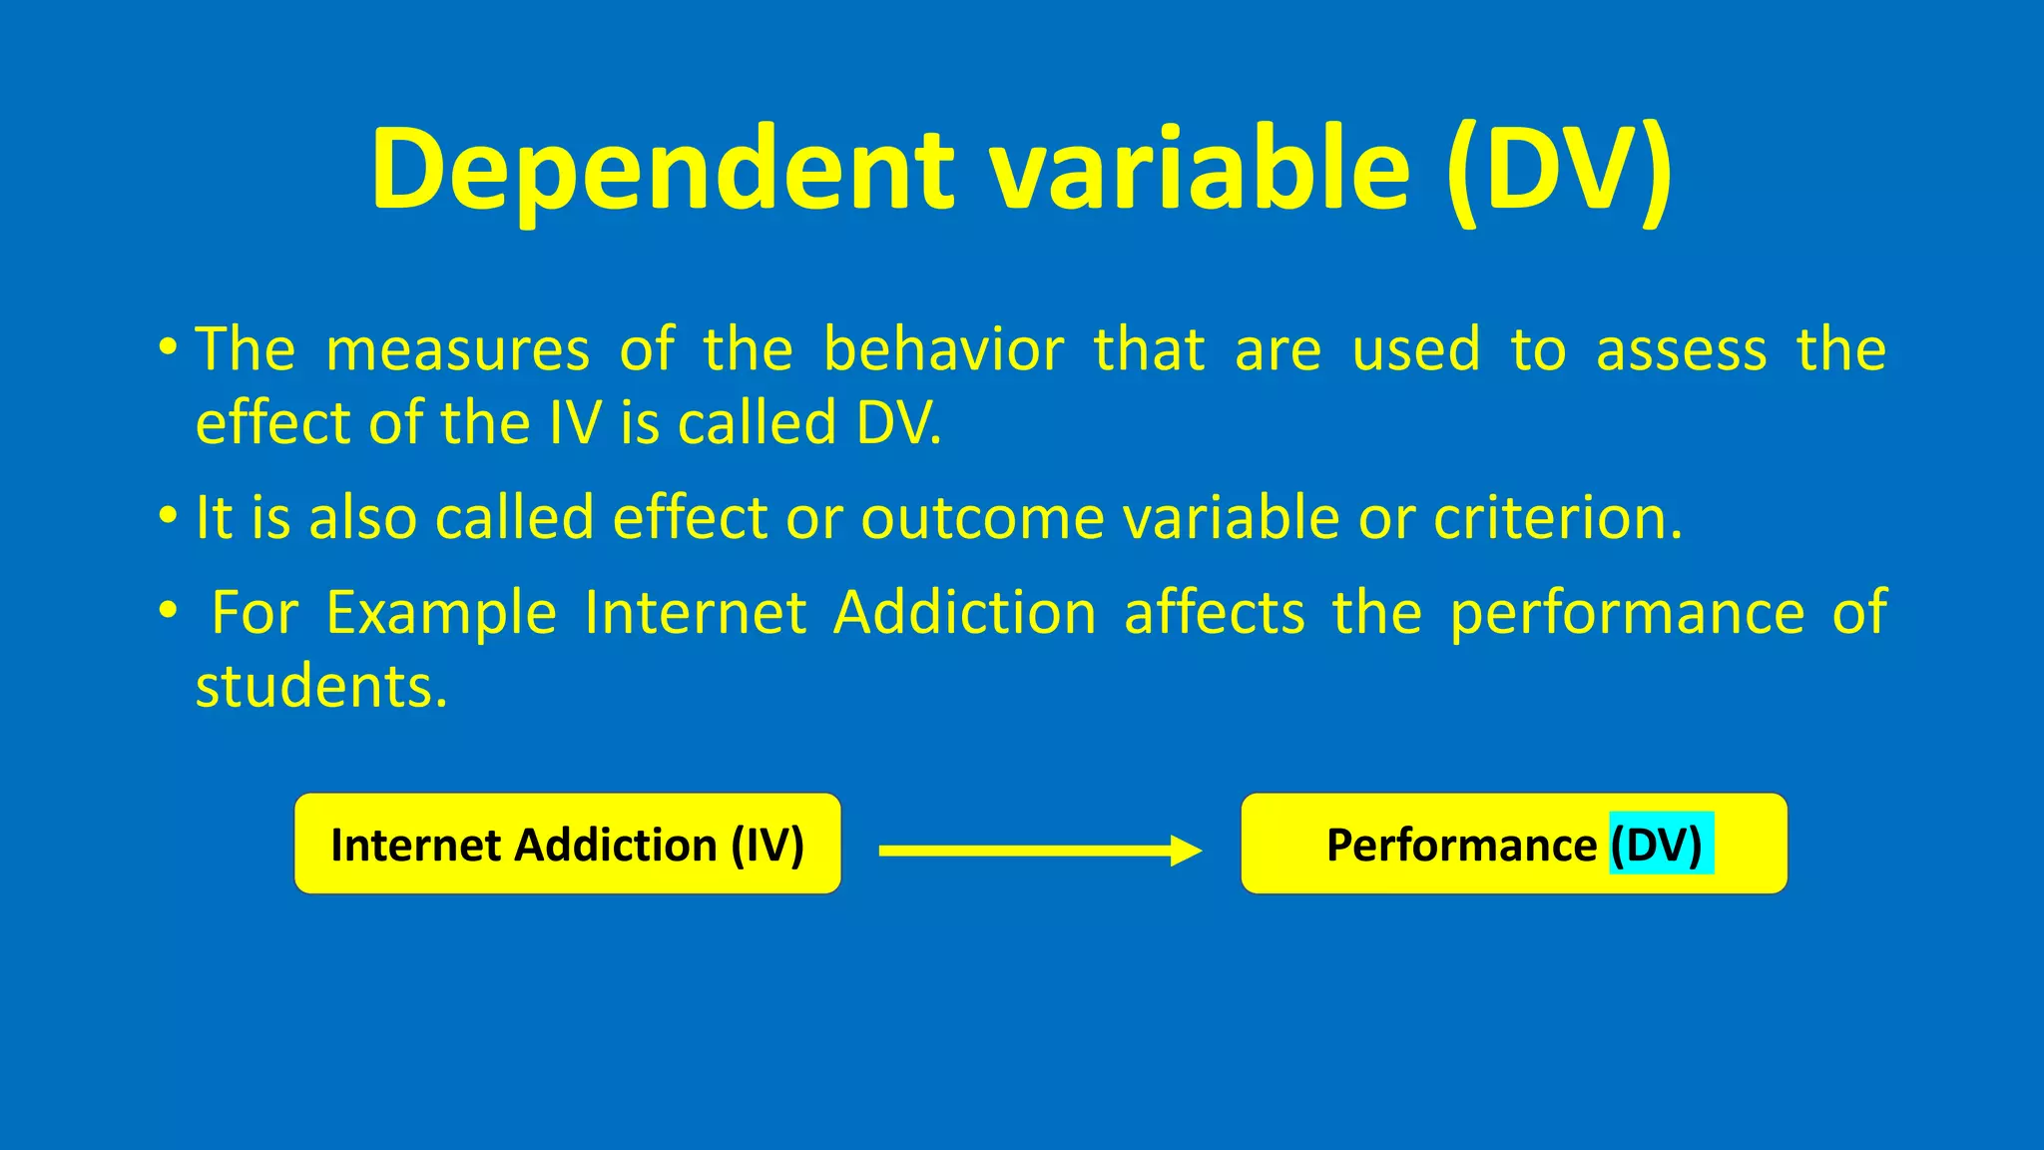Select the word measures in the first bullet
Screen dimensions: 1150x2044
pyautogui.click(x=458, y=351)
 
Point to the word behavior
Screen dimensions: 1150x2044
pyautogui.click(x=943, y=351)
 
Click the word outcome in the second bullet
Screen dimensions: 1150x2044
pyautogui.click(x=982, y=519)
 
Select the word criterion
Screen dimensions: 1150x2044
pyautogui.click(x=1557, y=519)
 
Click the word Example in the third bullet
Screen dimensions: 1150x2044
pyautogui.click(x=441, y=613)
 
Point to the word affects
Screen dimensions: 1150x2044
pyautogui.click(x=1215, y=613)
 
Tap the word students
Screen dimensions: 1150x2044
pyautogui.click(x=320, y=688)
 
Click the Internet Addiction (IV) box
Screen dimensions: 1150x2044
pyautogui.click(x=567, y=845)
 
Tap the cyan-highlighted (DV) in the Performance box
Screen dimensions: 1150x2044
pyautogui.click(x=1660, y=845)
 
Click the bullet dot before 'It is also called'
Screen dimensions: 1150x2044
pyautogui.click(x=168, y=517)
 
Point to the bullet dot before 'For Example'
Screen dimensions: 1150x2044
pyautogui.click(x=168, y=609)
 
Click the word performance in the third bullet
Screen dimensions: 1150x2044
pyautogui.click(x=1627, y=613)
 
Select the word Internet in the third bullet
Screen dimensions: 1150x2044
pyautogui.click(x=695, y=613)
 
